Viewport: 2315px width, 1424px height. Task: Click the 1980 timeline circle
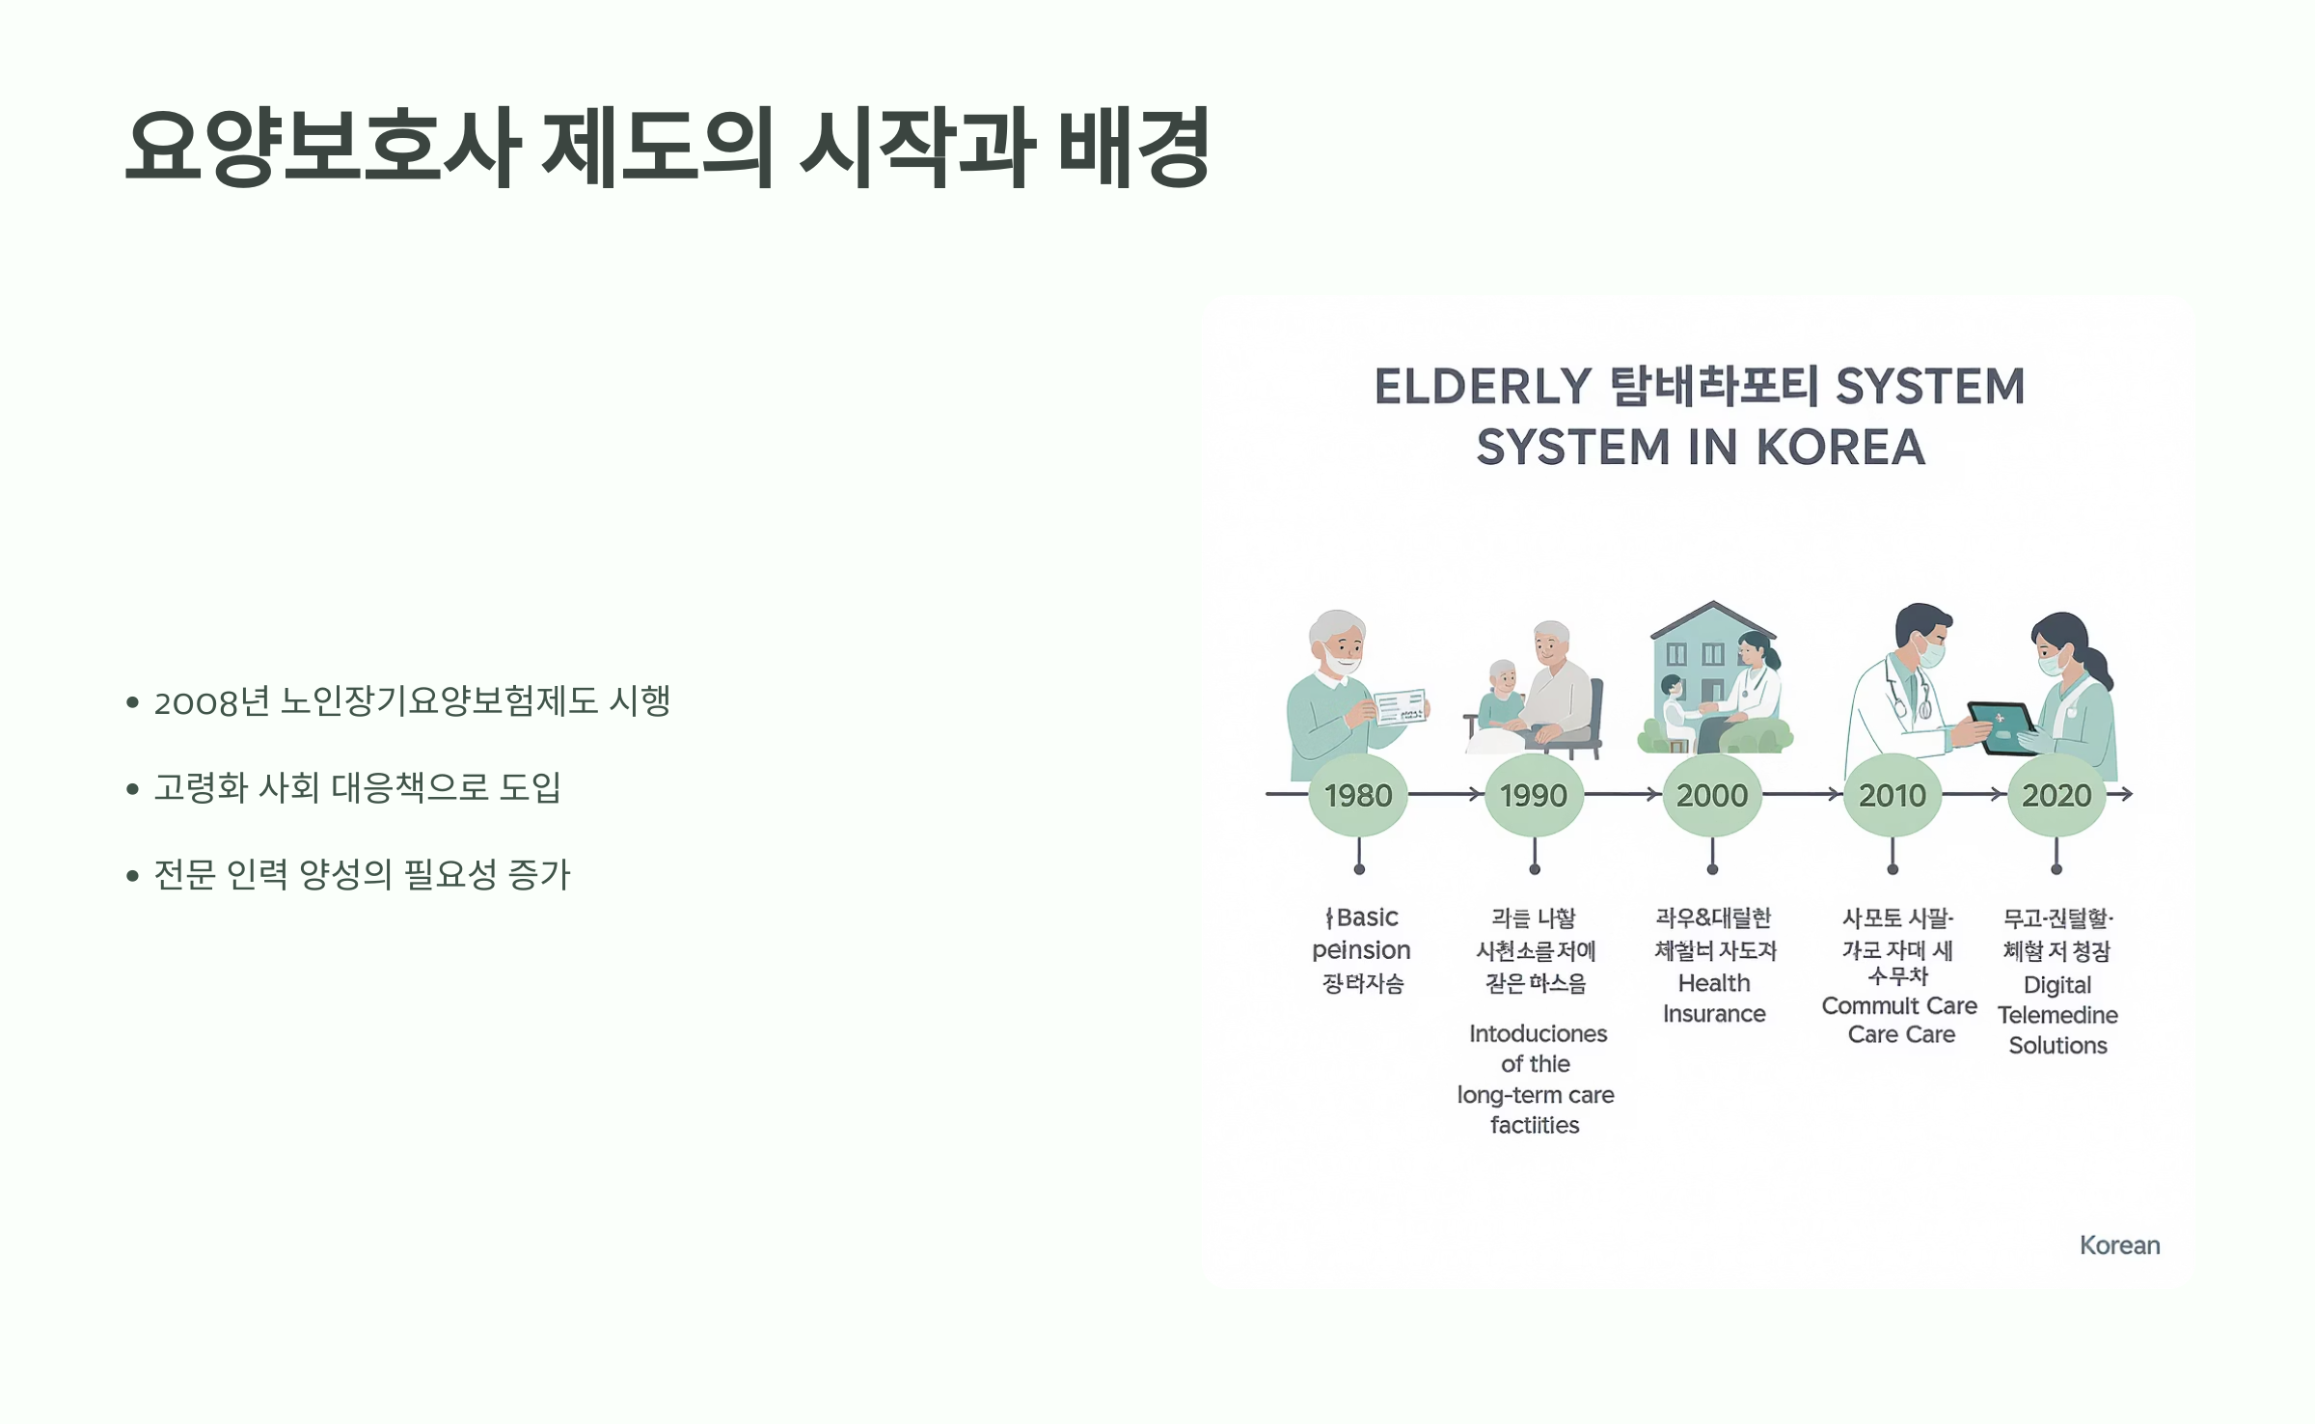(1358, 795)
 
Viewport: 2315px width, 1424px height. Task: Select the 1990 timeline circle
(1534, 795)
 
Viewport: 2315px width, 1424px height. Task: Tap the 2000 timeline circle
(1712, 795)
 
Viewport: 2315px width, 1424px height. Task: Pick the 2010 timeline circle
(1893, 795)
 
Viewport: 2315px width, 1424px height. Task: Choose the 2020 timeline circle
(2056, 795)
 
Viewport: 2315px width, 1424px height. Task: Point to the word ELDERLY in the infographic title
(1483, 387)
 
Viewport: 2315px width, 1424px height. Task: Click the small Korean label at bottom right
(2119, 1246)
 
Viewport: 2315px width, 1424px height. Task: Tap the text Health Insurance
(1714, 999)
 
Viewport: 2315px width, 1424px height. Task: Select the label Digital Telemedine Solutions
(2057, 1015)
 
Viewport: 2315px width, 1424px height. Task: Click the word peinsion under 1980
(1361, 950)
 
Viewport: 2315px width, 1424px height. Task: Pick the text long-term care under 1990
(1536, 1095)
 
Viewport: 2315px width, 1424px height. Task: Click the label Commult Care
(1898, 1006)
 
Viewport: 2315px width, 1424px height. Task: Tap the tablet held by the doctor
(2001, 726)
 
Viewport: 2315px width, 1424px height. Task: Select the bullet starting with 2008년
(412, 701)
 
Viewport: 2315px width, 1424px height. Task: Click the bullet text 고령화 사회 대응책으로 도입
(357, 788)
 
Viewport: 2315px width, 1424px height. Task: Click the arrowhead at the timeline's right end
(2126, 794)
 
